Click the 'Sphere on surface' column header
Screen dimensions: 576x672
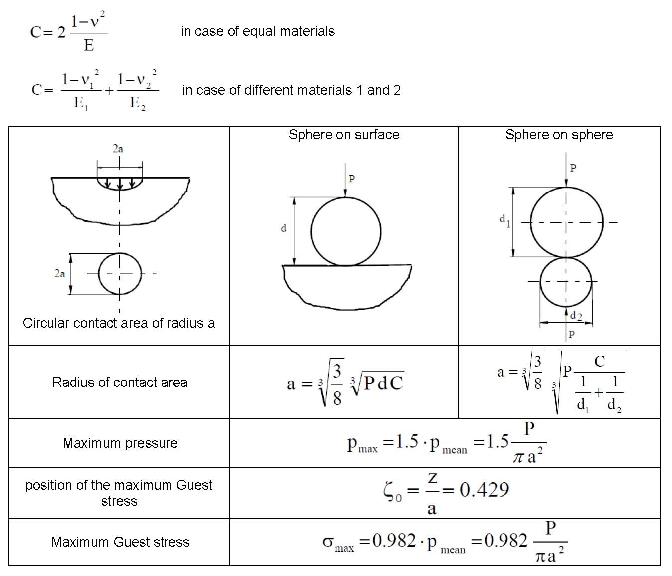(344, 135)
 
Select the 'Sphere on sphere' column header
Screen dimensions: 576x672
(559, 135)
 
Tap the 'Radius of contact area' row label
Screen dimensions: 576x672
(120, 383)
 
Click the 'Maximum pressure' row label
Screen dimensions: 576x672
(120, 443)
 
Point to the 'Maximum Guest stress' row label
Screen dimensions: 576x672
(120, 542)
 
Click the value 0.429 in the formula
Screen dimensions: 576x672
(484, 490)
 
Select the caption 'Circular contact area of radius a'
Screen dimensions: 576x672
(119, 323)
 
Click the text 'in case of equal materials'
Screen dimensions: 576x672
(258, 31)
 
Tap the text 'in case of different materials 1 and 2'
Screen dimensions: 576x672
(292, 90)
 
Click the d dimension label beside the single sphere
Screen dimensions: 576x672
(284, 228)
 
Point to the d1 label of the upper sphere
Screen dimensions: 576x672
(504, 220)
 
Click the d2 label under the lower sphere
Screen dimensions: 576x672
(576, 316)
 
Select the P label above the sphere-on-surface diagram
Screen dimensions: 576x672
(352, 179)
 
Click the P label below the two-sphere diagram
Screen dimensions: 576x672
(572, 334)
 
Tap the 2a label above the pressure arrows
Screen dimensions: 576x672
(118, 149)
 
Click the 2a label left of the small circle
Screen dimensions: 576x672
(59, 273)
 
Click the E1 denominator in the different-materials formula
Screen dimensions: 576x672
(81, 104)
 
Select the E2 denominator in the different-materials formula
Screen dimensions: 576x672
(137, 104)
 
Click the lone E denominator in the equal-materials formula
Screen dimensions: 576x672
(89, 45)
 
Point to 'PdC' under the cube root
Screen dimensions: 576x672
(383, 383)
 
